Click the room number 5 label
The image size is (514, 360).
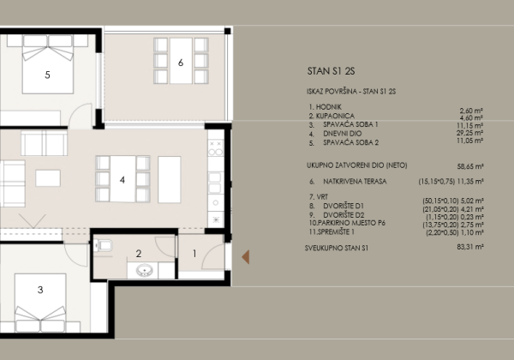click(x=47, y=75)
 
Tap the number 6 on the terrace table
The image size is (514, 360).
click(x=181, y=63)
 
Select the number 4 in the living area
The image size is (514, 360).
click(x=123, y=180)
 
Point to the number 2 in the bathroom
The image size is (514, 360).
click(x=139, y=254)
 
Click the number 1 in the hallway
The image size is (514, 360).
click(x=194, y=254)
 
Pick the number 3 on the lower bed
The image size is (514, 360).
click(x=40, y=290)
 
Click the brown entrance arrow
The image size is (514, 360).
click(x=246, y=257)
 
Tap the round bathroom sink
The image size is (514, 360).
click(x=144, y=271)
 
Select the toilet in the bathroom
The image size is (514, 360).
click(x=104, y=245)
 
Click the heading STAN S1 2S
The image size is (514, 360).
click(x=331, y=71)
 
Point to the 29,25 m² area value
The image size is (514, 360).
click(x=469, y=133)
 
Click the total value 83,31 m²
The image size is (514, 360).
click(x=470, y=247)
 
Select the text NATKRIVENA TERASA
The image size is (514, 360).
click(x=355, y=182)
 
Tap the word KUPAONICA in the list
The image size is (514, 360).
click(x=335, y=116)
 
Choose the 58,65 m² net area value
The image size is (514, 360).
click(x=470, y=166)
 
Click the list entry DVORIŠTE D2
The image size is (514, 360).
click(x=344, y=215)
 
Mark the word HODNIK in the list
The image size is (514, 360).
click(x=329, y=107)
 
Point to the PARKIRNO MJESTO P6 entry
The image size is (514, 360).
click(x=352, y=223)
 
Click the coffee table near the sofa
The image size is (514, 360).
click(x=48, y=178)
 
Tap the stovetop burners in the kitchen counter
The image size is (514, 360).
click(x=216, y=148)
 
